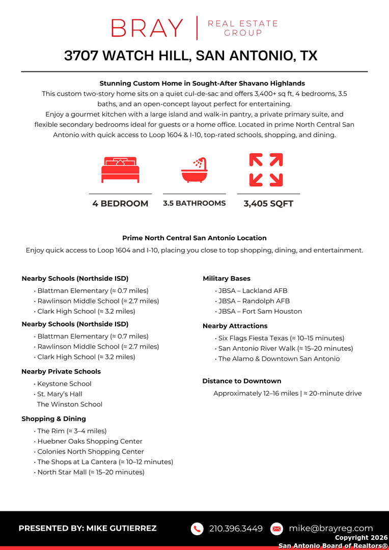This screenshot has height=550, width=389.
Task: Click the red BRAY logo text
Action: point(147,28)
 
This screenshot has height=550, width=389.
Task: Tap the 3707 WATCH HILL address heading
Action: point(191,56)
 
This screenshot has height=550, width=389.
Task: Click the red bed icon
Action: point(120,170)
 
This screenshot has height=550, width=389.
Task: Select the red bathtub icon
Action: point(194,170)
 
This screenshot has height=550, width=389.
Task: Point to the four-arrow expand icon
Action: point(266,170)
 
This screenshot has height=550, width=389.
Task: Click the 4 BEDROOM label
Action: point(120,204)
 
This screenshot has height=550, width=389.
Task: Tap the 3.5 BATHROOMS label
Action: point(194,203)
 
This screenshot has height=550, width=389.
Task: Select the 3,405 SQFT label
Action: point(268,204)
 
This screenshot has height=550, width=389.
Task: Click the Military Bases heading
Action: point(227,279)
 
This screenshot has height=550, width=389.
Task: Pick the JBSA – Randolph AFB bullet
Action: point(254,301)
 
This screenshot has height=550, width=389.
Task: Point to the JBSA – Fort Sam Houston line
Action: point(260,311)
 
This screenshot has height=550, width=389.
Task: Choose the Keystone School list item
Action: point(64,383)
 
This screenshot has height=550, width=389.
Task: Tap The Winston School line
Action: point(70,404)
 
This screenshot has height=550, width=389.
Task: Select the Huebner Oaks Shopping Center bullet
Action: point(90,442)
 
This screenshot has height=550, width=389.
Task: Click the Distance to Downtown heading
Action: point(242,381)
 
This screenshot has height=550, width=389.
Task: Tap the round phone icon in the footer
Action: point(197,529)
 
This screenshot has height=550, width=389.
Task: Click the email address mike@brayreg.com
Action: point(331,528)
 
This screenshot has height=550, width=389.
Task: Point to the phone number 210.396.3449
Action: point(236,529)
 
